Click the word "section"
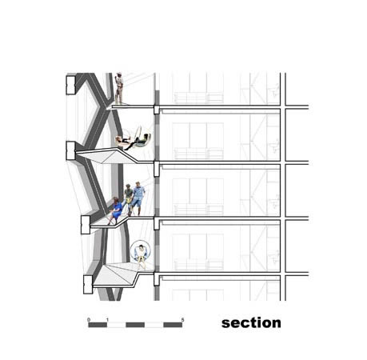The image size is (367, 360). (251, 323)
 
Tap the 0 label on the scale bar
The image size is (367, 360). (89, 320)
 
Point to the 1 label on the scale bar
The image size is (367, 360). (107, 320)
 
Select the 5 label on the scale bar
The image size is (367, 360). (182, 320)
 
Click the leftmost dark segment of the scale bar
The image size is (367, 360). (98, 325)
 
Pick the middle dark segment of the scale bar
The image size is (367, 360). (135, 325)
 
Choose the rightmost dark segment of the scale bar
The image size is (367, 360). (173, 325)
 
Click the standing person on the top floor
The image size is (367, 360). (119, 88)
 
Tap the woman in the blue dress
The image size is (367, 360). (115, 210)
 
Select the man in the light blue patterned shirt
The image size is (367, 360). (138, 198)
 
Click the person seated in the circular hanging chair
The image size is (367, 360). (141, 256)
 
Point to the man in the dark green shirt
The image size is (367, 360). (128, 198)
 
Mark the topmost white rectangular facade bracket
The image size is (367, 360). (70, 85)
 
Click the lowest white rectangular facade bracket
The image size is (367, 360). (88, 285)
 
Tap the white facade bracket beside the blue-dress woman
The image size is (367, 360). (86, 225)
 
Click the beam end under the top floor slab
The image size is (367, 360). (157, 110)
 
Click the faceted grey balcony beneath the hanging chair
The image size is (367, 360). (116, 274)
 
